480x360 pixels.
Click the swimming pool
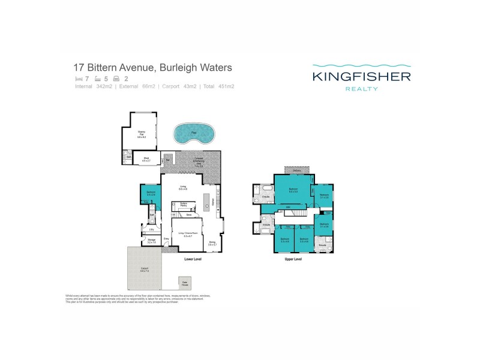tap(193, 134)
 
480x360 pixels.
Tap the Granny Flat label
tap(142, 135)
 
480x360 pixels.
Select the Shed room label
tap(145, 160)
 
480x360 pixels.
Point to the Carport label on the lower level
tap(144, 269)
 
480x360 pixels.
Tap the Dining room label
tap(212, 244)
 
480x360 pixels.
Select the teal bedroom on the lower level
tap(148, 195)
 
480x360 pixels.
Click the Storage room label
tap(152, 241)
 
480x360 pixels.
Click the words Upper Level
tap(293, 260)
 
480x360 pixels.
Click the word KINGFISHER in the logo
tap(360, 76)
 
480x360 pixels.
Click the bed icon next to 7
tap(78, 79)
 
